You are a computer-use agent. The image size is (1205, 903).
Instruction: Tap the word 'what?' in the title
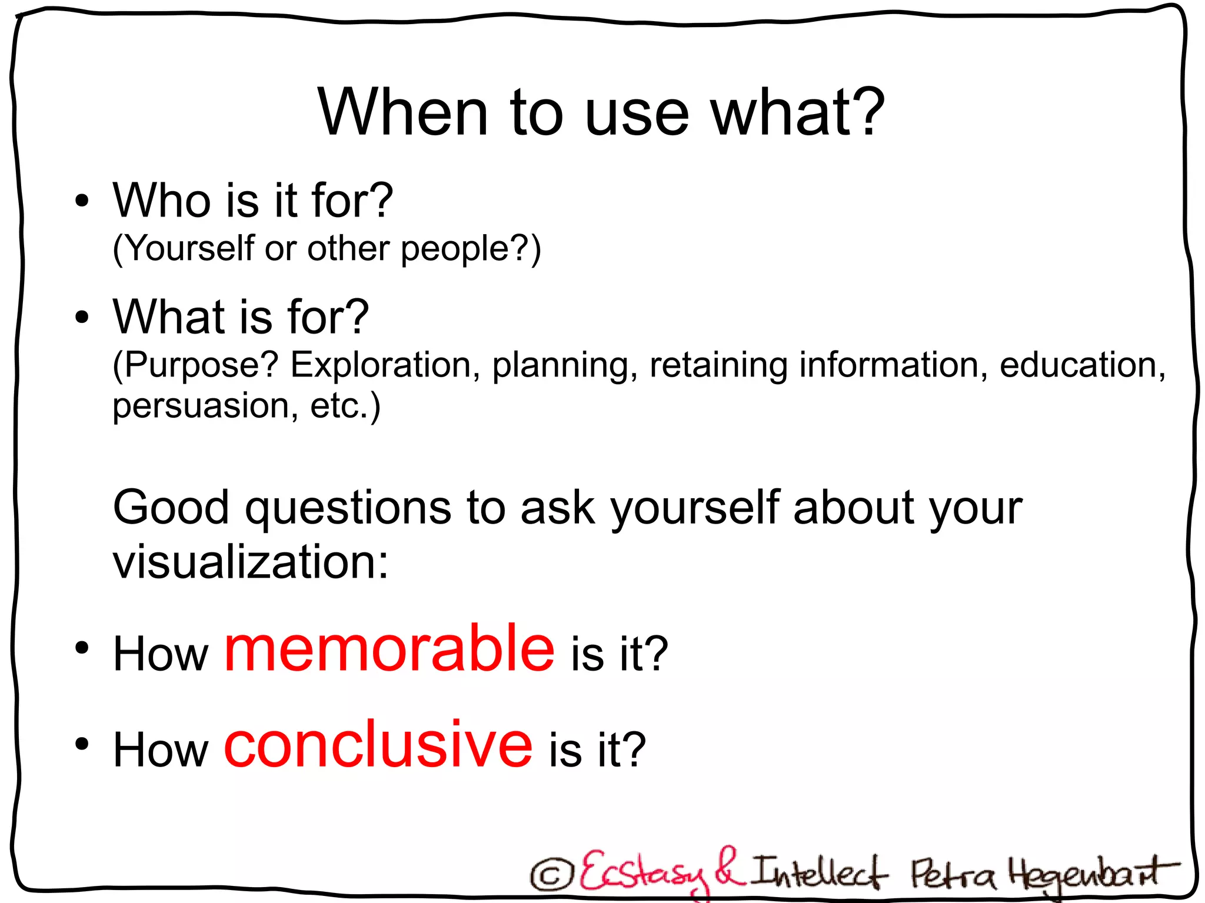pyautogui.click(x=798, y=112)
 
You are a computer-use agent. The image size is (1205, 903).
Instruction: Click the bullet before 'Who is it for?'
pyautogui.click(x=82, y=201)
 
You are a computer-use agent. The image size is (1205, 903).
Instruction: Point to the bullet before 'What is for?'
pyautogui.click(x=82, y=318)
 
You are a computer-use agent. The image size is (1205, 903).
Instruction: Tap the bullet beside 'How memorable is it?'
pyautogui.click(x=82, y=648)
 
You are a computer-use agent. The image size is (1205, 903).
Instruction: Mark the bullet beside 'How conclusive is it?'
pyautogui.click(x=82, y=744)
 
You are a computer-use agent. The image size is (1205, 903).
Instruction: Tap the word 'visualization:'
pyautogui.click(x=251, y=562)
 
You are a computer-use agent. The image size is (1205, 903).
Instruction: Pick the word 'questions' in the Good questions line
pyautogui.click(x=348, y=508)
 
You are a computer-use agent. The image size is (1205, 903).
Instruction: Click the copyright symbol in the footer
pyautogui.click(x=551, y=875)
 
